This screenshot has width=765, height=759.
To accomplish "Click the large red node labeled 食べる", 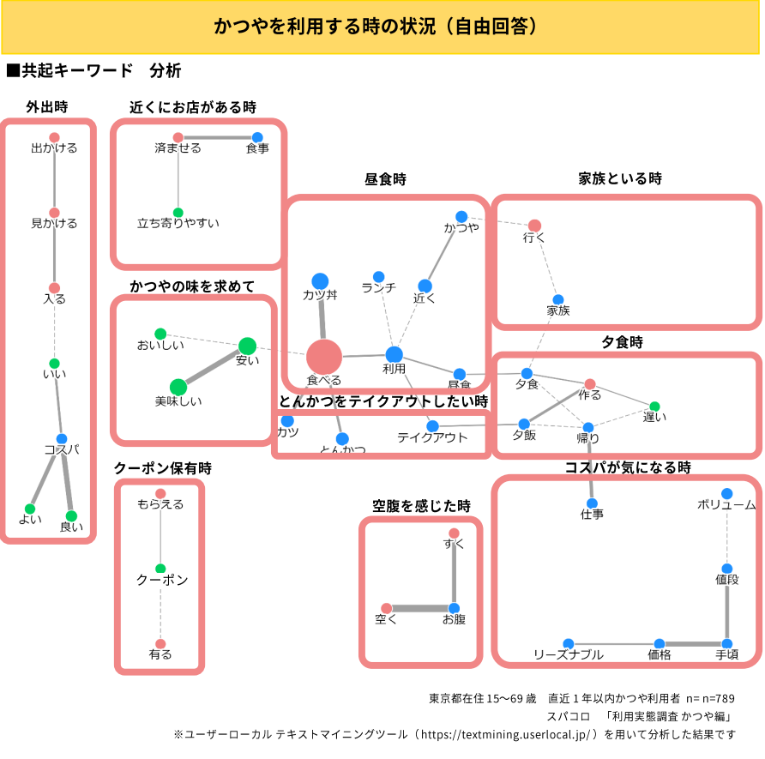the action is point(324,357).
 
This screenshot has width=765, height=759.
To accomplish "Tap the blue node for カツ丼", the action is point(320,280).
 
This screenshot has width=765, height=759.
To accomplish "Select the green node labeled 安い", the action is point(247,346).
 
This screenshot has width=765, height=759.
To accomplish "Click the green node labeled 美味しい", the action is point(178,387).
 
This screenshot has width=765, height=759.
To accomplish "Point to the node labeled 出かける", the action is point(54,137).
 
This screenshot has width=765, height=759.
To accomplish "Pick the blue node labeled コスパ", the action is point(62,439).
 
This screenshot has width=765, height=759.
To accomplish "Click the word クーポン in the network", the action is point(161,581).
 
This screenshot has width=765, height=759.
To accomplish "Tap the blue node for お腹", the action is point(454,608).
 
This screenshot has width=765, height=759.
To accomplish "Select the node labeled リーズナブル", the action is point(569,643).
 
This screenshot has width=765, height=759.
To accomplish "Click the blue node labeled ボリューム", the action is point(727,493).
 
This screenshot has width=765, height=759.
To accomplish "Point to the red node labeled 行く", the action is point(534,226).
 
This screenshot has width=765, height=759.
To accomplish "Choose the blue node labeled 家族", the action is point(558,299).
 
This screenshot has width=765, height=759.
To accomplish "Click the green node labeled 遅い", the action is point(654,407).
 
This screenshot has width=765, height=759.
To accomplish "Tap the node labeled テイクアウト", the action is point(432,426).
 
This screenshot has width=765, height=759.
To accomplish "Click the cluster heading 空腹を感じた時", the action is point(421,506).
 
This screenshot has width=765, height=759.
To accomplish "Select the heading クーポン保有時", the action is point(163,468).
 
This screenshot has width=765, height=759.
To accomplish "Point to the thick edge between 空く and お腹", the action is point(420,609).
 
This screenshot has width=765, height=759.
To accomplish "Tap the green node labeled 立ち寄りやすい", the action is point(178,213).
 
